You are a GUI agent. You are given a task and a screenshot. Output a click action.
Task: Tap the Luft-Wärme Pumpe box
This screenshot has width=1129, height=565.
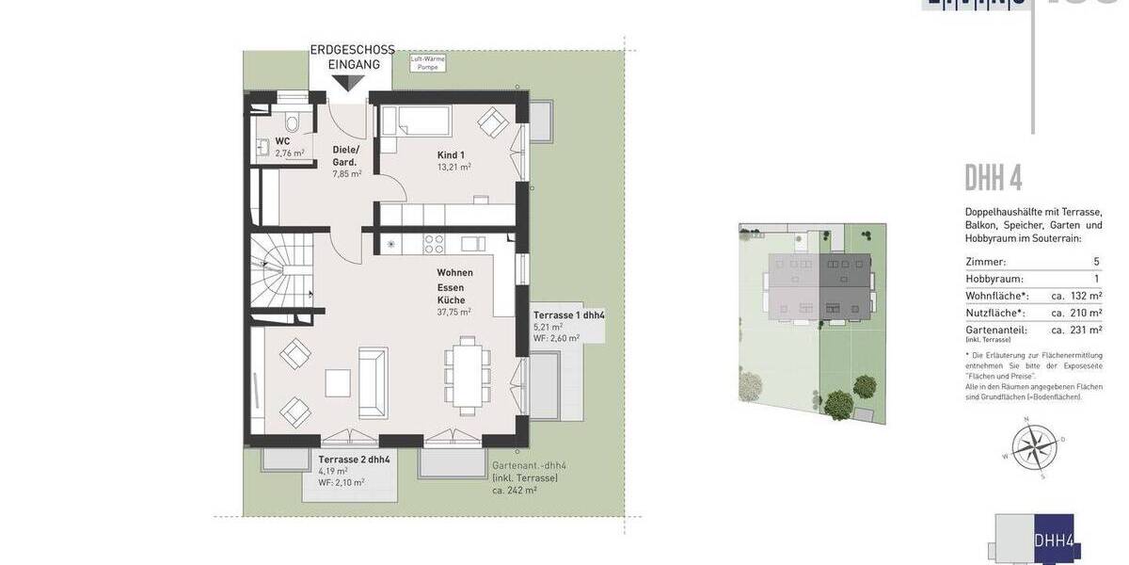[x=428, y=63]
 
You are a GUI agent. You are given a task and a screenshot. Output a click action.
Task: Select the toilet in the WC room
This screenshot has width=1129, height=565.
[x=291, y=123]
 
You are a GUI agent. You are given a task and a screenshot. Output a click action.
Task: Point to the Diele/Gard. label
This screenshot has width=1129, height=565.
[x=345, y=156]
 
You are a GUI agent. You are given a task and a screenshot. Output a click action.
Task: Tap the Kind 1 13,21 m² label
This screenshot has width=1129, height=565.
[x=453, y=161]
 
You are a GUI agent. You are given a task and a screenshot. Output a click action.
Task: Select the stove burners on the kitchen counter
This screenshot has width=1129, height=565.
[x=434, y=244]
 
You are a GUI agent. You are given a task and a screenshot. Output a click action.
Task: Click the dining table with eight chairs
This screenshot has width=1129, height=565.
[x=467, y=374]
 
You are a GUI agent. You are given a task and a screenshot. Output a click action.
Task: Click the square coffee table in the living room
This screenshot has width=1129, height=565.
[x=338, y=382]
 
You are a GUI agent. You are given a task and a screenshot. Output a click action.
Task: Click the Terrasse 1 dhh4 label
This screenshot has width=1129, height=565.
[x=568, y=315]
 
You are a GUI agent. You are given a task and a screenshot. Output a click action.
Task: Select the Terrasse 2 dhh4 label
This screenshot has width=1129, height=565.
[x=354, y=460]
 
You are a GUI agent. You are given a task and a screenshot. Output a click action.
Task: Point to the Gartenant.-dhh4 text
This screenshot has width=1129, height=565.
[x=529, y=466]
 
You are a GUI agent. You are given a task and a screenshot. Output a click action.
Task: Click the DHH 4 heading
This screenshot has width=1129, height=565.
[x=993, y=178]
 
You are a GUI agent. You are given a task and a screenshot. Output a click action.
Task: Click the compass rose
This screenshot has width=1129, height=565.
[x=1034, y=446]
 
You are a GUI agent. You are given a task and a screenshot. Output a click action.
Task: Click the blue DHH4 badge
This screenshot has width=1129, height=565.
[x=1053, y=540]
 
